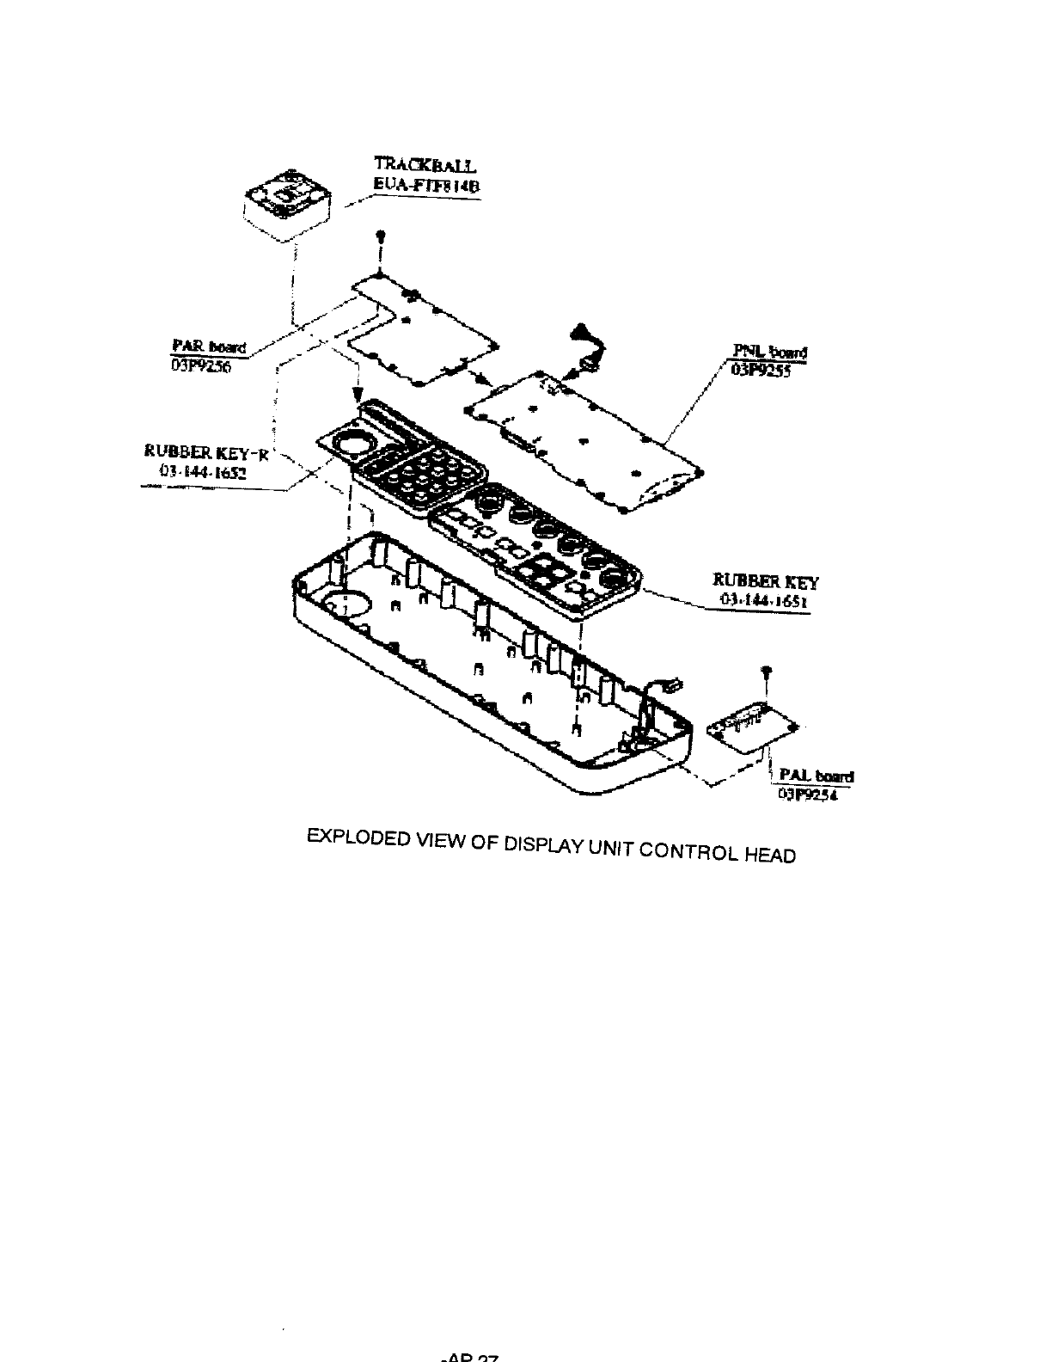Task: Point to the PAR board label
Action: [x=210, y=347]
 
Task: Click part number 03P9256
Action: [x=196, y=363]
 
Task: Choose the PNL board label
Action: [x=769, y=352]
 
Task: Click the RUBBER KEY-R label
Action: [x=206, y=454]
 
